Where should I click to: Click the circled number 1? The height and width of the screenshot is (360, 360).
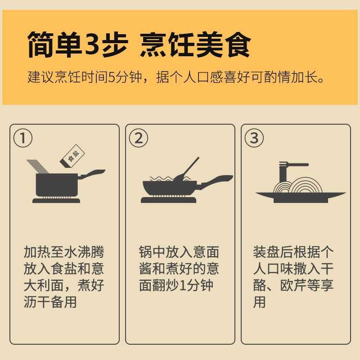(23, 138)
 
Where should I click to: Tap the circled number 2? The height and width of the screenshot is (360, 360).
(139, 138)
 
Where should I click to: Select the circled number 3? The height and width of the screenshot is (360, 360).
(254, 138)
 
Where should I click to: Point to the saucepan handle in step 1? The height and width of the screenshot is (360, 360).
(93, 174)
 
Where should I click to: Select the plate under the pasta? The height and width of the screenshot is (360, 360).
(301, 196)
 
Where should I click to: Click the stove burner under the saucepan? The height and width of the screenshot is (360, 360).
(56, 199)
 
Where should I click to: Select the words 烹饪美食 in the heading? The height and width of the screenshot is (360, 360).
(194, 44)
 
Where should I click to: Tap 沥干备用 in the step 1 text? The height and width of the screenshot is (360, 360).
(50, 302)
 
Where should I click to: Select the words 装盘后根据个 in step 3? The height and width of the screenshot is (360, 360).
(293, 252)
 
